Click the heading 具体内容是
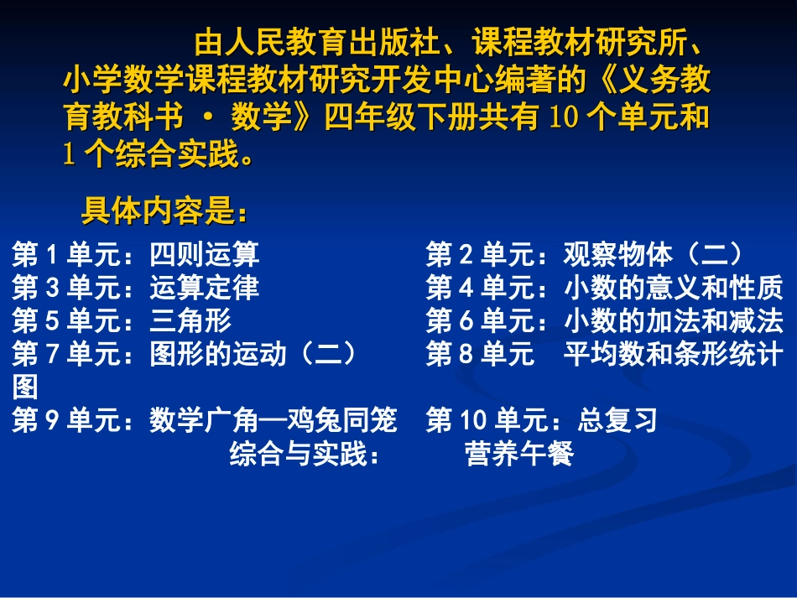(x=164, y=212)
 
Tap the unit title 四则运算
(x=205, y=254)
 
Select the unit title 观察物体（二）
(x=652, y=254)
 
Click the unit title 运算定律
(x=205, y=288)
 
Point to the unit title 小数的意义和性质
(x=673, y=288)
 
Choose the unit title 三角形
(x=190, y=320)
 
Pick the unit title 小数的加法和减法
(x=673, y=320)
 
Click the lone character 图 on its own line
(x=25, y=387)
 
